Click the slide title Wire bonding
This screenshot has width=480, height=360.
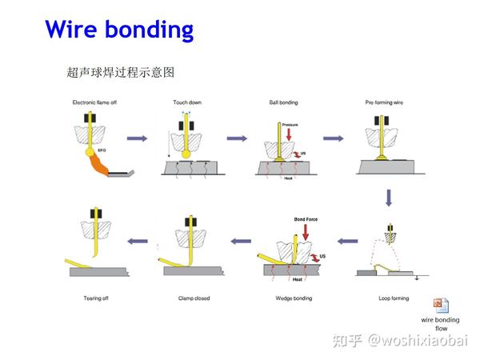click(119, 30)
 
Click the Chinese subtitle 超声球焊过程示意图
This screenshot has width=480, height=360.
click(120, 73)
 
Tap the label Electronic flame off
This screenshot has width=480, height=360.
click(95, 102)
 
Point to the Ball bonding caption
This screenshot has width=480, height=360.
click(284, 102)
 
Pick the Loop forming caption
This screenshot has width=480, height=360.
click(393, 298)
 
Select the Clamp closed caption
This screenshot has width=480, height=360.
click(194, 298)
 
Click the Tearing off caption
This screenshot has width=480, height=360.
click(96, 298)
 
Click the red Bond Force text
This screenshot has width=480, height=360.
click(306, 218)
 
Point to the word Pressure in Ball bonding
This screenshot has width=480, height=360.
click(290, 125)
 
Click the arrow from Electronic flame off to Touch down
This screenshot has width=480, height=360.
click(138, 139)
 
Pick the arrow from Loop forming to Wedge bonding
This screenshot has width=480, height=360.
click(346, 240)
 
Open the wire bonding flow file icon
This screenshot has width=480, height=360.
click(441, 305)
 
